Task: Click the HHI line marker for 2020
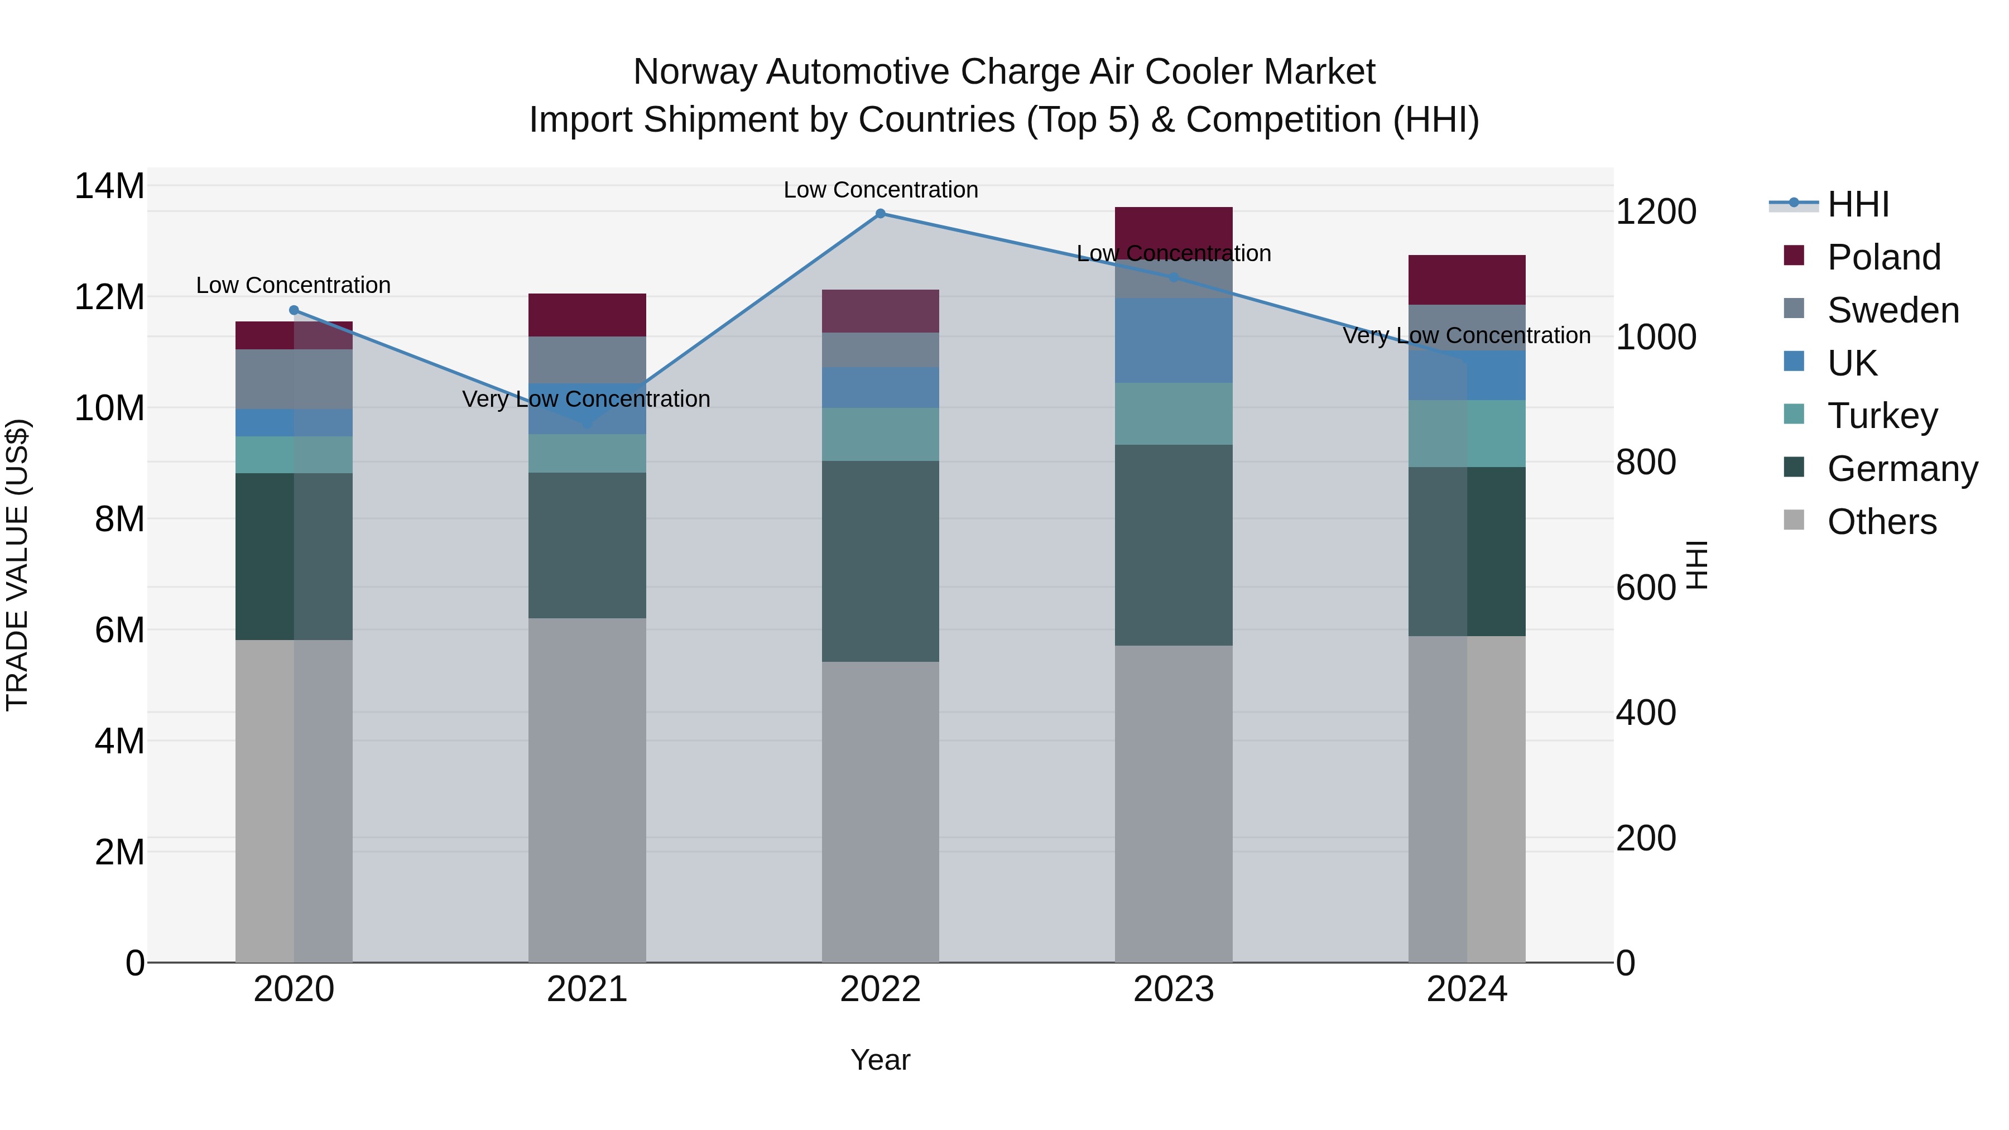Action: [x=294, y=310]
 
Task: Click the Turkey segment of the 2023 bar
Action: [x=1173, y=414]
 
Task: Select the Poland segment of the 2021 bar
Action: [x=587, y=315]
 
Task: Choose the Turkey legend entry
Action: [x=1881, y=416]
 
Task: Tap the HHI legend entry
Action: [x=1858, y=204]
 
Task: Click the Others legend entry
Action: [x=1881, y=522]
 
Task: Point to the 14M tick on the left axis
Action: [x=109, y=186]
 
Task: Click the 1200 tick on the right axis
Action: [x=1656, y=212]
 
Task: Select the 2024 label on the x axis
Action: [x=1466, y=989]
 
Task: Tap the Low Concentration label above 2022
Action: [x=881, y=190]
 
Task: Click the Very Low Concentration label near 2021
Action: [x=586, y=400]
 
